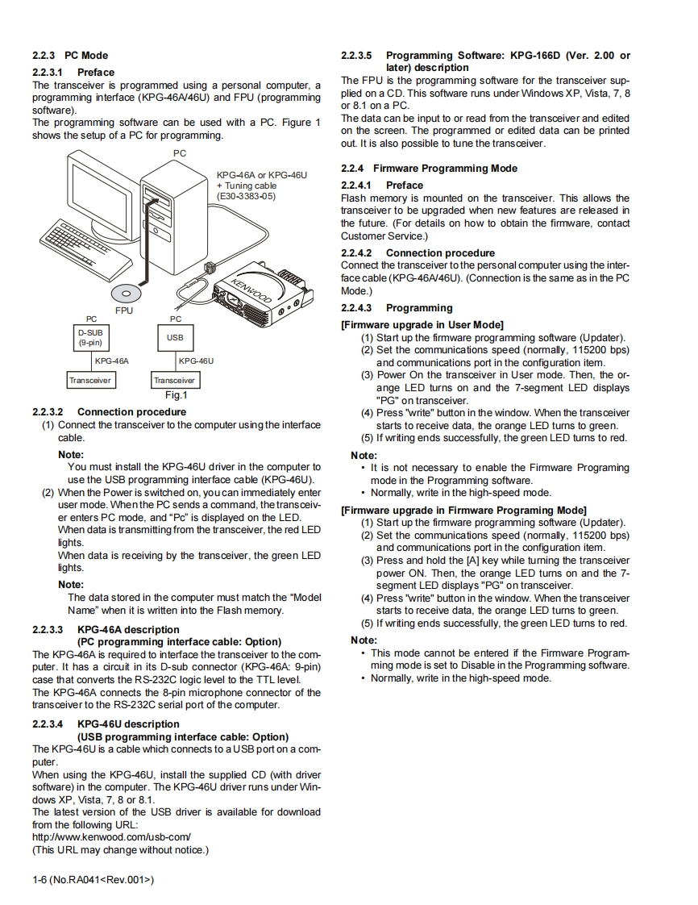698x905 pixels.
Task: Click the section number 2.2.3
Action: tap(44, 56)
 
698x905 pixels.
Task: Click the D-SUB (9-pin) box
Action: tap(89, 337)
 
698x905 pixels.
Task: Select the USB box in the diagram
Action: tap(175, 337)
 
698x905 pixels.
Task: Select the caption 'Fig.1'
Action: tap(176, 395)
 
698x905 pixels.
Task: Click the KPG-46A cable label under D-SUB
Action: tap(111, 361)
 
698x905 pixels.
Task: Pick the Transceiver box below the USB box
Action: tap(175, 380)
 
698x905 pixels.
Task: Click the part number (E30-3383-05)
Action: tap(246, 196)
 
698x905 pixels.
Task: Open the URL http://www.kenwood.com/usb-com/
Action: tap(111, 837)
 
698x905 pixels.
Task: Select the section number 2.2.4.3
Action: tap(356, 308)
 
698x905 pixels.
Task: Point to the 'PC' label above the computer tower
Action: tap(179, 153)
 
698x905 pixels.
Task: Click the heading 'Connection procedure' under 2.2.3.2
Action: tap(131, 412)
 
